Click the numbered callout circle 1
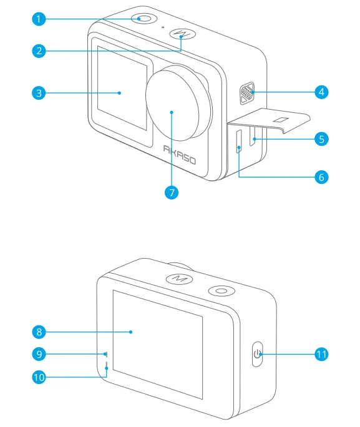click(39, 19)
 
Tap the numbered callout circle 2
click(39, 51)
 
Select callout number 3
click(39, 94)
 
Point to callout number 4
click(321, 92)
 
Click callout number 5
click(321, 138)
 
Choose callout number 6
click(321, 176)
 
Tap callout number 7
click(172, 193)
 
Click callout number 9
click(39, 354)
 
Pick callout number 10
click(39, 376)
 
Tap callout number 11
click(321, 354)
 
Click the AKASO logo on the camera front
click(180, 155)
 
